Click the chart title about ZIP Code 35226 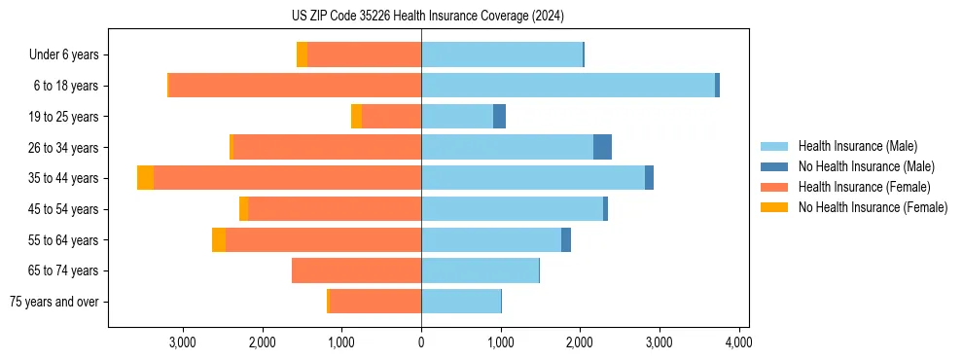tap(427, 17)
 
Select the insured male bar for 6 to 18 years tap(568, 86)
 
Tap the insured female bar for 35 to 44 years tap(287, 178)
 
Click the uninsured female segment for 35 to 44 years tap(145, 178)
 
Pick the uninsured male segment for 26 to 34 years tap(602, 147)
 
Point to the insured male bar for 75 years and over tap(461, 302)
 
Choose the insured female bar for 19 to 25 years tap(391, 117)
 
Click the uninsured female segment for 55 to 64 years tap(219, 240)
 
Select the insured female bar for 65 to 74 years tap(356, 270)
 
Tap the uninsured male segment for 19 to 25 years tap(499, 117)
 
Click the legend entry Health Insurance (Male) tap(857, 146)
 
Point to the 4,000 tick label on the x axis tap(738, 342)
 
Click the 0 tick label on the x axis tap(421, 342)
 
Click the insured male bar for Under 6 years tap(502, 54)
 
